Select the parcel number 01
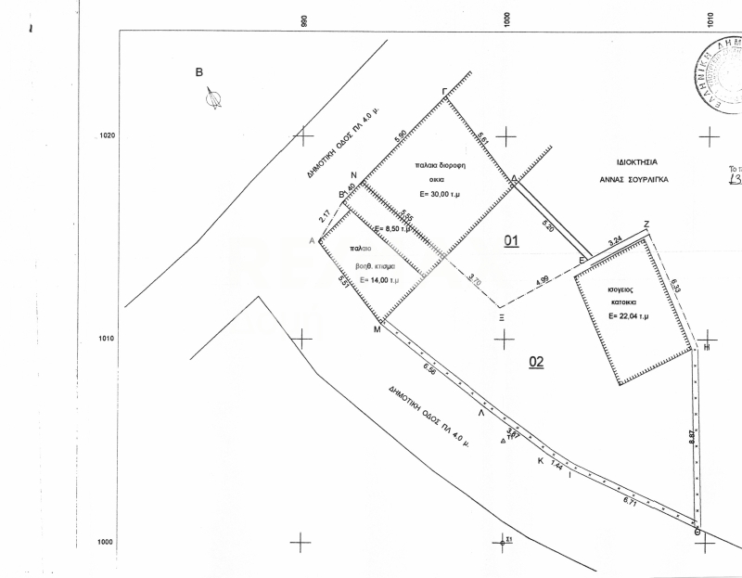pos(511,241)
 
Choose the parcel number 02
pos(535,362)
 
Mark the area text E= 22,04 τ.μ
pos(628,315)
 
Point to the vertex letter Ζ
pos(646,224)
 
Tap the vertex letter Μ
pos(377,329)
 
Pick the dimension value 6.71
pos(631,501)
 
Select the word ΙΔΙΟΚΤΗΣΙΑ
pos(628,161)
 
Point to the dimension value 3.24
pos(614,241)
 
